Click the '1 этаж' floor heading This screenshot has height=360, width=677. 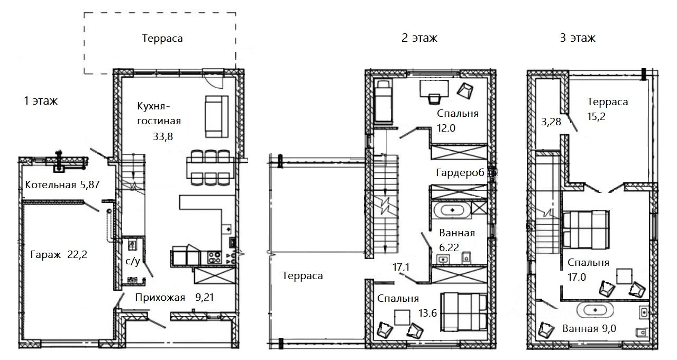pos(41,101)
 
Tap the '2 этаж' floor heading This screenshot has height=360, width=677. pos(419,38)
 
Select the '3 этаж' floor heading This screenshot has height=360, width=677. pos(578,38)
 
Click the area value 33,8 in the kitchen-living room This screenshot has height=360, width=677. pos(163,136)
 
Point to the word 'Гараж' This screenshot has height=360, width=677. pos(45,255)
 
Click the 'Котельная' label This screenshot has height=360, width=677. pos(50,185)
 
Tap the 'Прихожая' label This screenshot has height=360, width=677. pos(160,298)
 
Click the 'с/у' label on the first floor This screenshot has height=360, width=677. pos(133,261)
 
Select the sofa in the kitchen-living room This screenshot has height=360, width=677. pos(217,117)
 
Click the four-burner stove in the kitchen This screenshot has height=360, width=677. pos(214,257)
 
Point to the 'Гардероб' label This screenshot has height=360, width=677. pos(460,173)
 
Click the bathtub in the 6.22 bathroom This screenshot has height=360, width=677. pos(452,210)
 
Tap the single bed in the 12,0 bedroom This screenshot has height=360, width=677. pos(383,102)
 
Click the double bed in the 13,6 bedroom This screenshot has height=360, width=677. pos(464,312)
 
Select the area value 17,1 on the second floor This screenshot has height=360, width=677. pos(401,267)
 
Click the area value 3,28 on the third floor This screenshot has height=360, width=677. pos(551,122)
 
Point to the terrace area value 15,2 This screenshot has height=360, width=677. pos(596,116)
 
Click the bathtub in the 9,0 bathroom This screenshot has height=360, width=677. pos(595,310)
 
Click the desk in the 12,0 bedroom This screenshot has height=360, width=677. pos(434,88)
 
